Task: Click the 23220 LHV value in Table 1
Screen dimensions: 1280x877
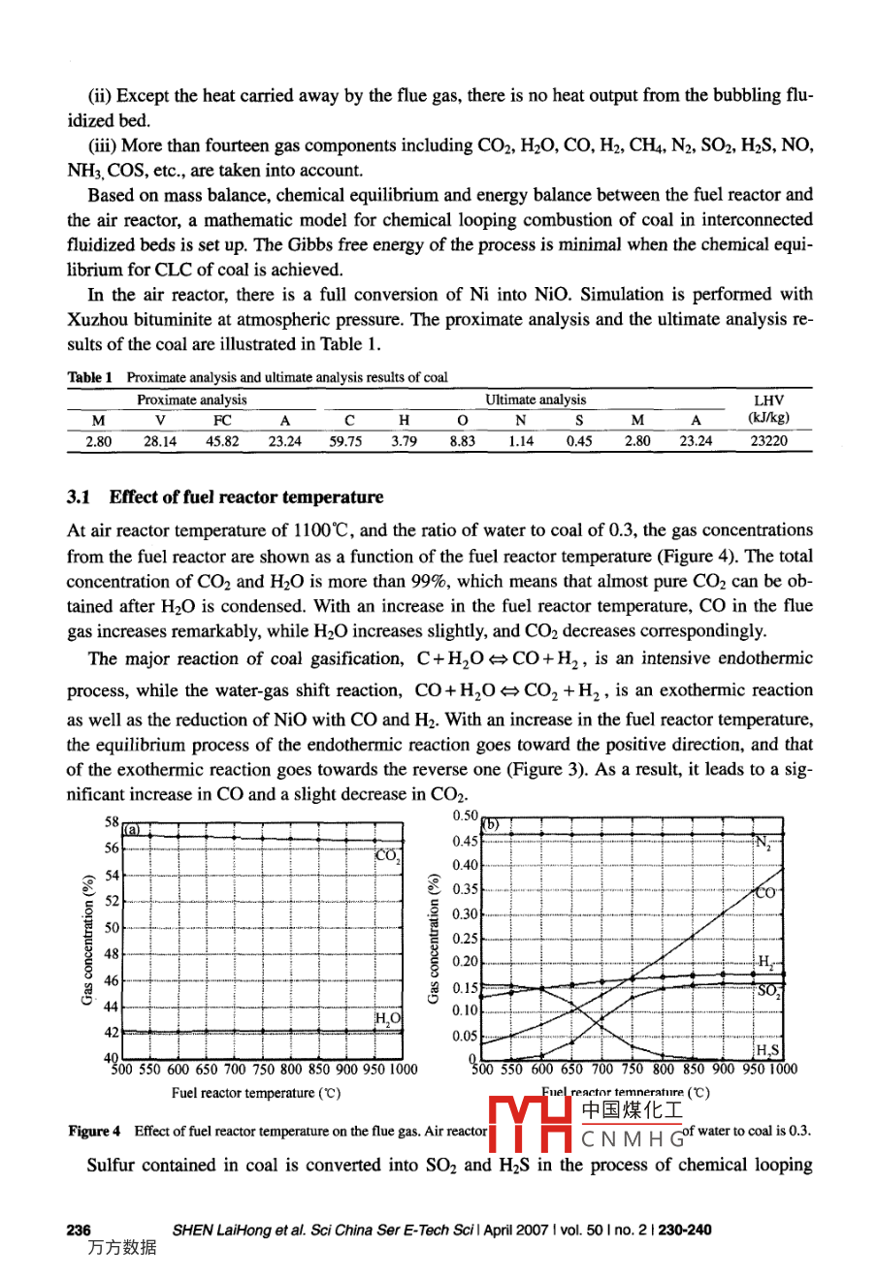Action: [x=769, y=441]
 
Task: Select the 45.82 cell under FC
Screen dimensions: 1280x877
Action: [x=223, y=441]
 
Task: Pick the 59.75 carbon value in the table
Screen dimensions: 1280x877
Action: [x=344, y=441]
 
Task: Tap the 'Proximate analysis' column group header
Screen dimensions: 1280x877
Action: [x=191, y=400]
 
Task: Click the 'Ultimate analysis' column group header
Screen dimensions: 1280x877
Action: [x=536, y=400]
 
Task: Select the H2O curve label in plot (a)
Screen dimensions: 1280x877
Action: [x=388, y=1017]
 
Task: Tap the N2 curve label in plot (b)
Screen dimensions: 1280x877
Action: [x=763, y=842]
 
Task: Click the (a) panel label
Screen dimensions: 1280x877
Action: [x=132, y=830]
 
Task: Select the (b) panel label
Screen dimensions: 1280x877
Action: [x=491, y=825]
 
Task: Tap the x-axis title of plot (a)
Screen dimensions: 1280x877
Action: [x=256, y=1093]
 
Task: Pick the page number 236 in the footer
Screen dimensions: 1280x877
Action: [x=79, y=1230]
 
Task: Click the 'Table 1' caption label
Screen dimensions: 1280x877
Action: [x=90, y=377]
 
